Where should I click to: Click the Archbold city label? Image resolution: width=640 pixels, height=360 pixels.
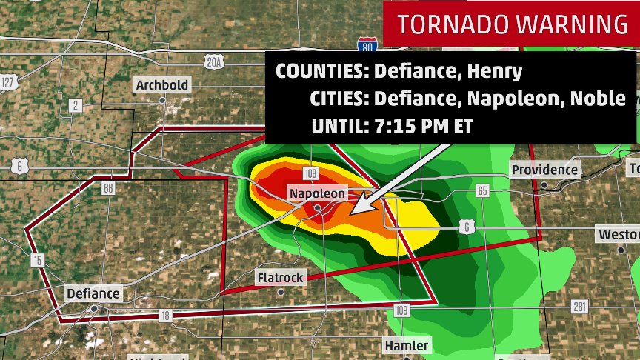click(x=161, y=85)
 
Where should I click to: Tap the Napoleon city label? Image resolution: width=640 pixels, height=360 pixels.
click(x=317, y=193)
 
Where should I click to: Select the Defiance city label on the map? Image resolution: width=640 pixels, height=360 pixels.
click(x=93, y=293)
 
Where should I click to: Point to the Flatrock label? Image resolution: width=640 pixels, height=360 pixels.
click(x=280, y=278)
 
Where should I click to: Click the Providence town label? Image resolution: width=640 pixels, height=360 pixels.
click(x=544, y=170)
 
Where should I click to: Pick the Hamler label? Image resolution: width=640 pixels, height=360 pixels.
click(x=406, y=346)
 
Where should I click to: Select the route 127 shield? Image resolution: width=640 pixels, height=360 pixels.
click(x=8, y=81)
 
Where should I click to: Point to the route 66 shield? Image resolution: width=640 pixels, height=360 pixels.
click(x=108, y=189)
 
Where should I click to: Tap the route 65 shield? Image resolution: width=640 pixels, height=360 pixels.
click(x=483, y=191)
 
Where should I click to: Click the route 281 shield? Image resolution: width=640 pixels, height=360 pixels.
click(x=579, y=307)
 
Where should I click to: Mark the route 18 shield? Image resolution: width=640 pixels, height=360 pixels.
click(x=164, y=316)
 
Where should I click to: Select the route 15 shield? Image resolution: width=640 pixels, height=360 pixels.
click(x=38, y=261)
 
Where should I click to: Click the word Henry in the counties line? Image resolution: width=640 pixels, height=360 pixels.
click(x=496, y=71)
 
